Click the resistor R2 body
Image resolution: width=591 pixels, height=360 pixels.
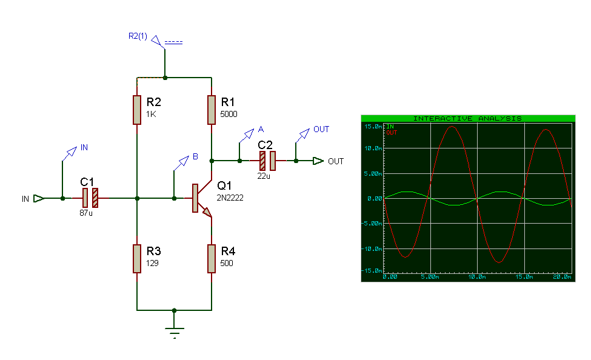pos(137,110)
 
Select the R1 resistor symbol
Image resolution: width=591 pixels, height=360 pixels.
pos(212,110)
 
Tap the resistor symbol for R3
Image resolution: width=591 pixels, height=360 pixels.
pos(137,259)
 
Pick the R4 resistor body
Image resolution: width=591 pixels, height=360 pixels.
pos(212,259)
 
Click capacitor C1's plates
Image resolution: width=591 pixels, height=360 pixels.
pos(90,198)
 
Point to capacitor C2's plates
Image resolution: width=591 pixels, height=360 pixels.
pos(267,161)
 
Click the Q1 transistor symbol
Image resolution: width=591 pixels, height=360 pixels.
pos(202,198)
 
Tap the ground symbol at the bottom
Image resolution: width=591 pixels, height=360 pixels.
pos(174,332)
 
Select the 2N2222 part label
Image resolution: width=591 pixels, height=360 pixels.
pos(230,198)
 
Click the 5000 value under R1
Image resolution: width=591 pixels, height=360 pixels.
pos(229,114)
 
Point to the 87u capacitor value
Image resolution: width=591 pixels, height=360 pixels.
pos(86,213)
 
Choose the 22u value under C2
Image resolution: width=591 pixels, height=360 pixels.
pos(264,176)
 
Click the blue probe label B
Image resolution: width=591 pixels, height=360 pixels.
pos(195,156)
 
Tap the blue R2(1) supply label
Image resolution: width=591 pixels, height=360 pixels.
pos(138,36)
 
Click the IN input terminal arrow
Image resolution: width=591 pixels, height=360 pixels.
pos(39,198)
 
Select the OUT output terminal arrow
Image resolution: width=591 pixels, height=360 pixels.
pos(318,161)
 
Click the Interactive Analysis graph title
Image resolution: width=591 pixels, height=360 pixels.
pos(467,118)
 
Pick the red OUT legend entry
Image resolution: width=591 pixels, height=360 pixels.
pos(392,133)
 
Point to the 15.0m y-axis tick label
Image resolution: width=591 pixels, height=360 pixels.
pos(373,126)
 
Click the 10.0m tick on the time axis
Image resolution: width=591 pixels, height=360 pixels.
pos(477,277)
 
